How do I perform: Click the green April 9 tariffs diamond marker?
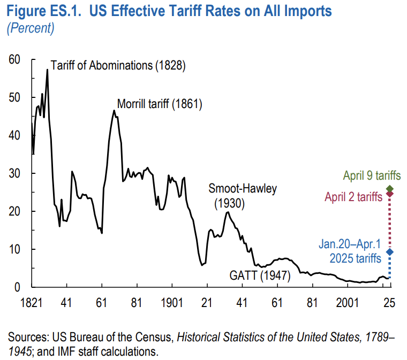click(x=389, y=189)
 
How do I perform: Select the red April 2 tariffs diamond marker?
click(x=389, y=194)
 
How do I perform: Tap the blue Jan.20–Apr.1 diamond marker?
click(x=389, y=252)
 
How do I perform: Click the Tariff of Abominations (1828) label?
click(x=118, y=66)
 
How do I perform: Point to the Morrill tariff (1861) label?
click(x=159, y=104)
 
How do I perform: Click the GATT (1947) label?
click(x=260, y=276)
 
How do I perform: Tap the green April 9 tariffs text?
click(x=372, y=175)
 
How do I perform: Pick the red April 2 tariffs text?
click(x=353, y=196)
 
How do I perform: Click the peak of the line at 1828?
click(x=47, y=70)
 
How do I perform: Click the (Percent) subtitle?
click(x=30, y=28)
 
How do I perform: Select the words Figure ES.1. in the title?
click(x=40, y=12)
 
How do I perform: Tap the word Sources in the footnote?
click(x=27, y=338)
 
